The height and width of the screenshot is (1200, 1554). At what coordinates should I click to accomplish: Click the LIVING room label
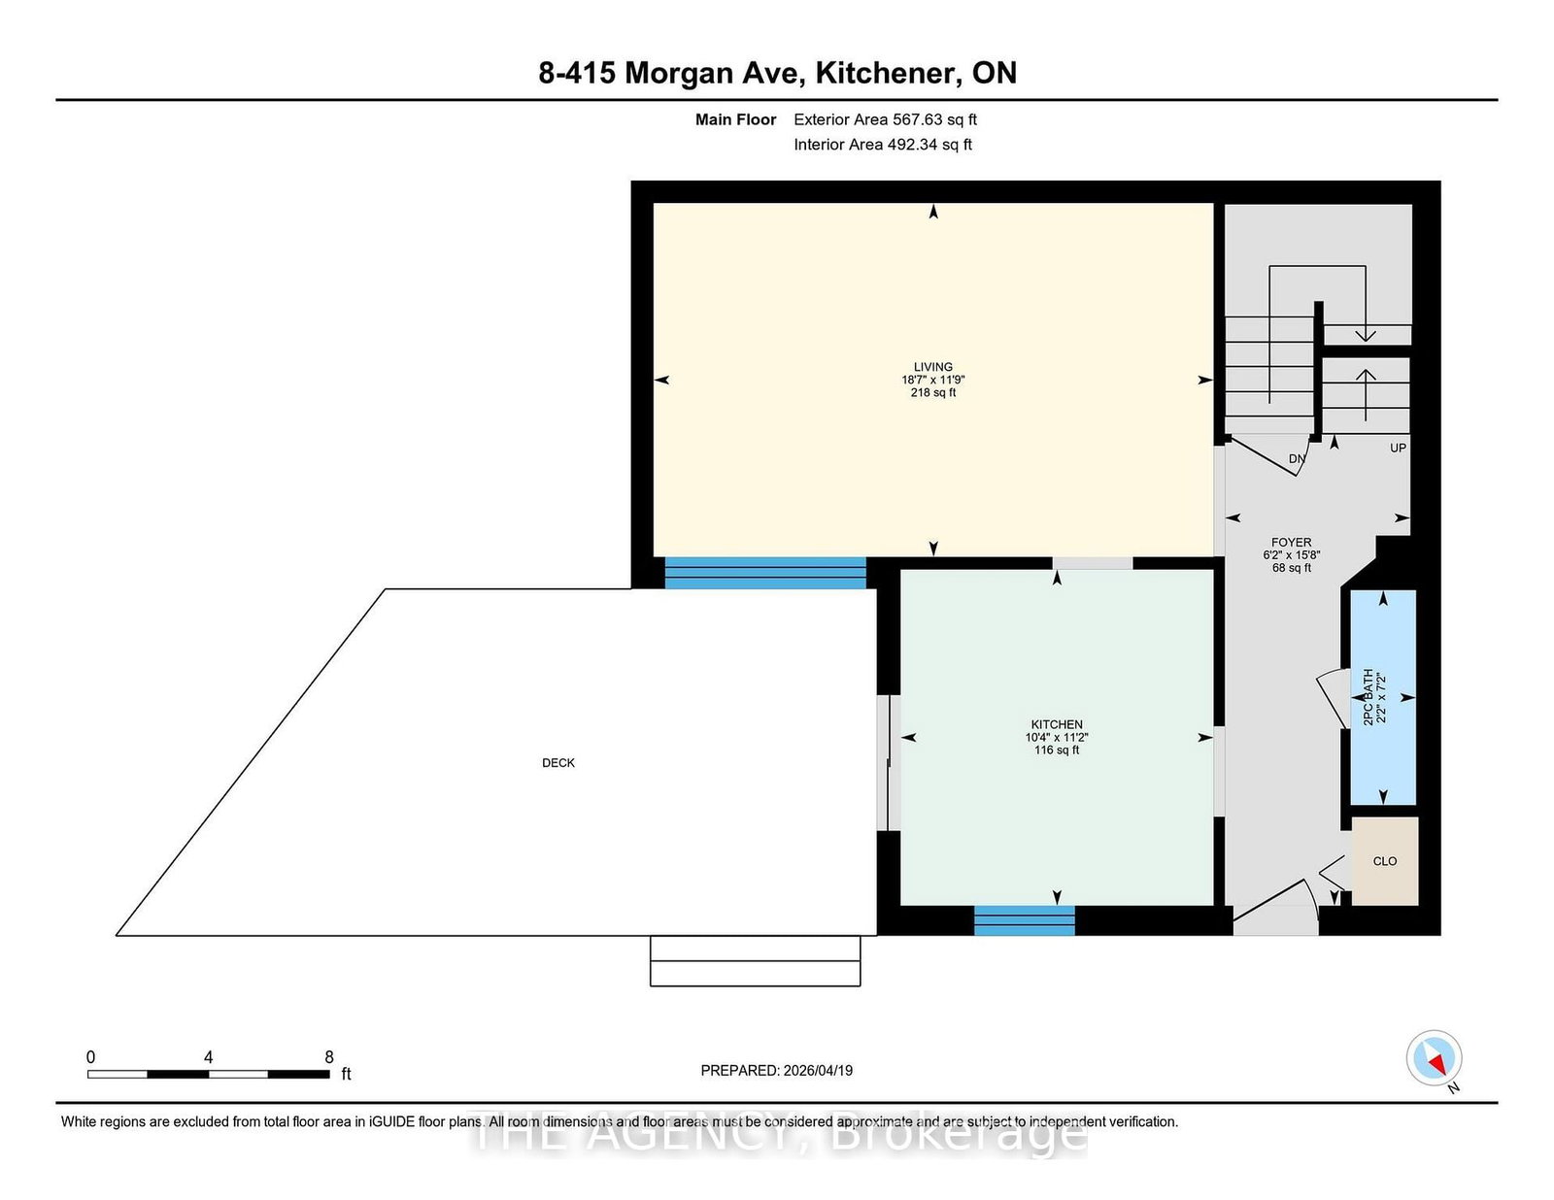pos(932,368)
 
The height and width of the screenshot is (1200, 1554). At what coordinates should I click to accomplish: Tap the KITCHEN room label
pos(1057,725)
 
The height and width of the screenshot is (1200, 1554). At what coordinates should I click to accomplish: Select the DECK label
pos(558,763)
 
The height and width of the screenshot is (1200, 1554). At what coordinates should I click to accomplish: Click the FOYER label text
pos(1291,543)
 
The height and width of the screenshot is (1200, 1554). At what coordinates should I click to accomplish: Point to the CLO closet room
pos(1385,861)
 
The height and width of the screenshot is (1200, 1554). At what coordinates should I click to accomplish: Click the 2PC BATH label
pos(1368,697)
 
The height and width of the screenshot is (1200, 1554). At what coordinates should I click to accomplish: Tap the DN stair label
pos(1297,459)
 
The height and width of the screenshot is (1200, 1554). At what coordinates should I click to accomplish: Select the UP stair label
pos(1398,449)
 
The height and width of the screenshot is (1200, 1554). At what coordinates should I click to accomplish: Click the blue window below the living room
pos(765,573)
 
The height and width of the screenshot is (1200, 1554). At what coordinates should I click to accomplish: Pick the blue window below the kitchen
pos(1024,920)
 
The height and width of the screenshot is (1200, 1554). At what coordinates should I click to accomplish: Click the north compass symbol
pos(1435,1058)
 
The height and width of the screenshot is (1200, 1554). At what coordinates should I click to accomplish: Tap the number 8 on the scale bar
pos(329,1057)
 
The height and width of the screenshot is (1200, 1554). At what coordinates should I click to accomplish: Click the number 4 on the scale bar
pos(208,1057)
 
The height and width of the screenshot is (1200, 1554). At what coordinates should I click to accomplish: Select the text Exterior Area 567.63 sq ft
pos(885,119)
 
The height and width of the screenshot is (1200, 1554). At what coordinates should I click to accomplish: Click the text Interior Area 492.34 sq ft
pos(883,145)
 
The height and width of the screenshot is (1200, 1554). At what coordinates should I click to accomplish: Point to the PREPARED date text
pos(776,1071)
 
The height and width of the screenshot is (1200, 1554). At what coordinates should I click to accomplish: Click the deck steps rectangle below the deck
pos(755,961)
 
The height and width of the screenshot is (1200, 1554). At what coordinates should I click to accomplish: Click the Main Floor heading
pos(735,119)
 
